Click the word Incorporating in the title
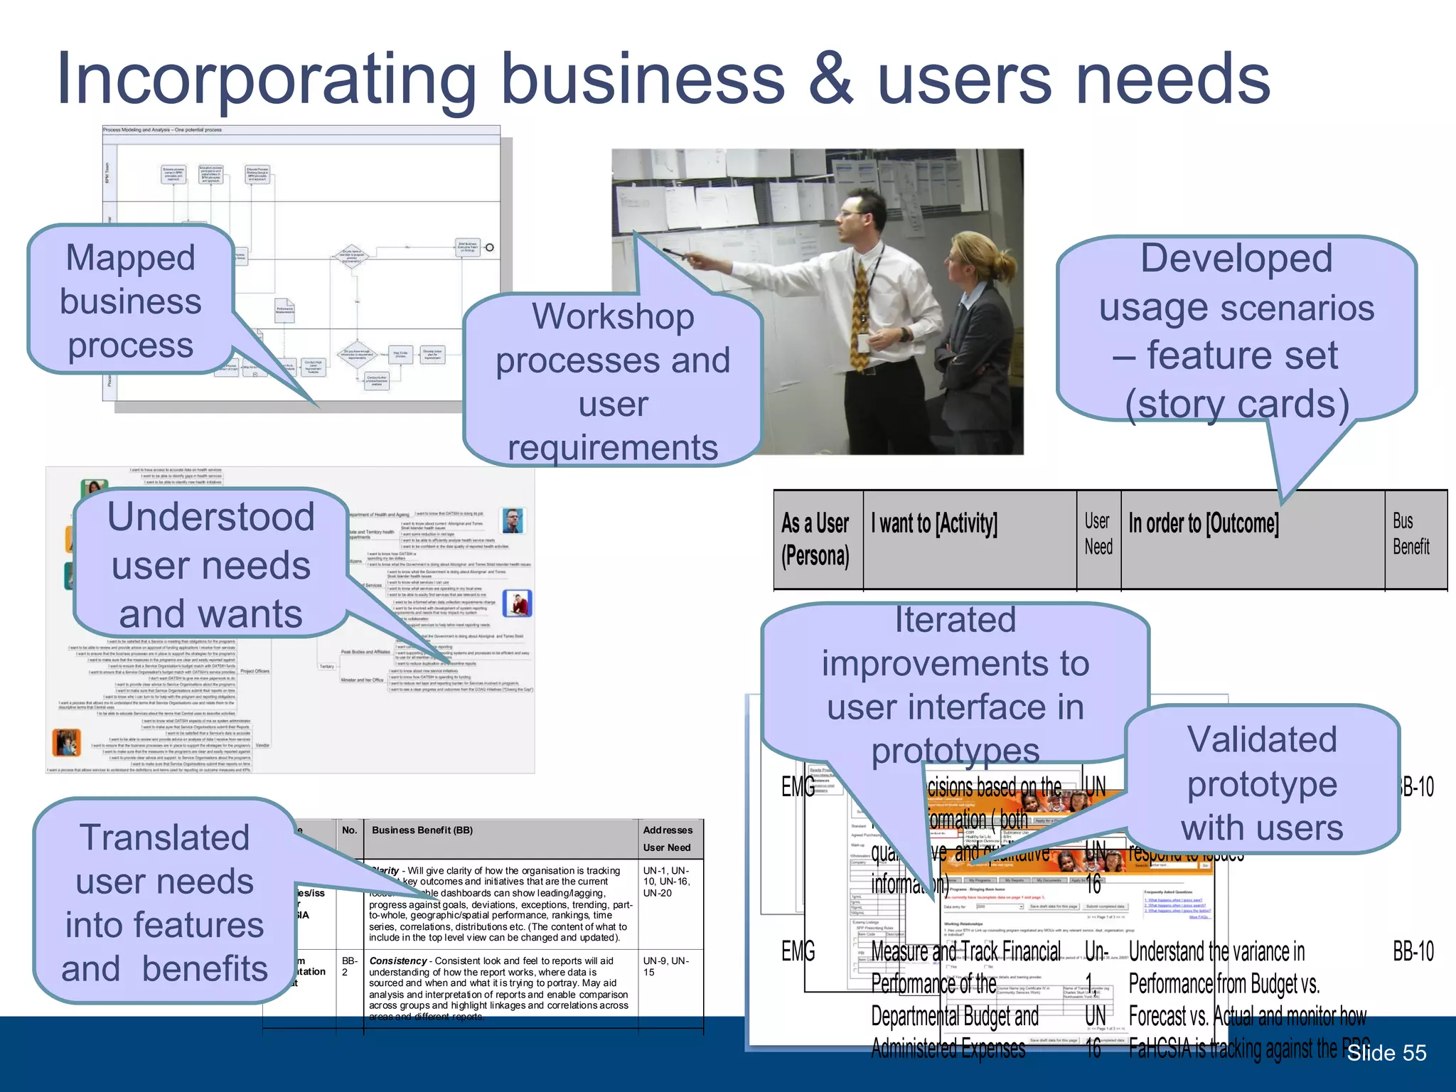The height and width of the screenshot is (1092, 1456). tap(266, 80)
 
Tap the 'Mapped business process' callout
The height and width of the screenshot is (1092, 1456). tap(131, 301)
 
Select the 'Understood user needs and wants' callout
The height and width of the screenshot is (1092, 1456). tap(210, 564)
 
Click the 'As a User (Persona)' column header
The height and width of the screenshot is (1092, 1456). tap(815, 540)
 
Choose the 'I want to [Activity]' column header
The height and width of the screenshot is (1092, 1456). tap(934, 524)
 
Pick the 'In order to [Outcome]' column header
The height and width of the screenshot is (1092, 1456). tap(1204, 524)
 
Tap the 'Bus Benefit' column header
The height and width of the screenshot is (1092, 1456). tap(1410, 534)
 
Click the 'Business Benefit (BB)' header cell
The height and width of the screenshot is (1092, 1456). tap(422, 830)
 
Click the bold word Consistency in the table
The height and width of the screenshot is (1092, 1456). tap(397, 960)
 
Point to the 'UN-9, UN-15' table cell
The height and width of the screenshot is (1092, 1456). tap(665, 966)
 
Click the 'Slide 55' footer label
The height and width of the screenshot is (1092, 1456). tap(1386, 1053)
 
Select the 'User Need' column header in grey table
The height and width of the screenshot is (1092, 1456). tap(1098, 534)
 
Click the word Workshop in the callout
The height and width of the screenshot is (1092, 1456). tap(613, 316)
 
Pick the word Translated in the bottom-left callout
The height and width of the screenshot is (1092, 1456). tap(164, 837)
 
